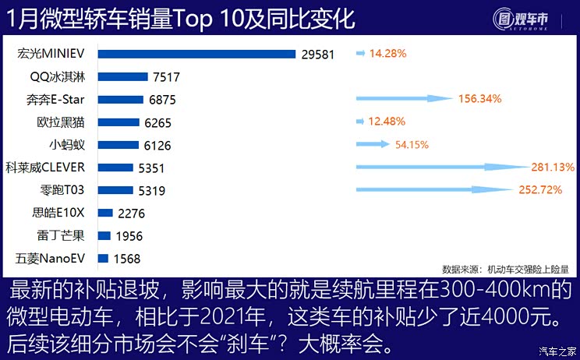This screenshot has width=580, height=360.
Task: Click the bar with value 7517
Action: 122,76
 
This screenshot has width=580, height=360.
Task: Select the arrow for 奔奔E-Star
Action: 404,99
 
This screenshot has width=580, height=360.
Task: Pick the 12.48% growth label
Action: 387,122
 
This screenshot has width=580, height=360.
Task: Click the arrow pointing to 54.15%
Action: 372,144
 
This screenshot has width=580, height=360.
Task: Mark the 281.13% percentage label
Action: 553,167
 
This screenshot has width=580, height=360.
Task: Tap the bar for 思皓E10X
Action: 105,213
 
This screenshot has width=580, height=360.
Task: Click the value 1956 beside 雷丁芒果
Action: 129,235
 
